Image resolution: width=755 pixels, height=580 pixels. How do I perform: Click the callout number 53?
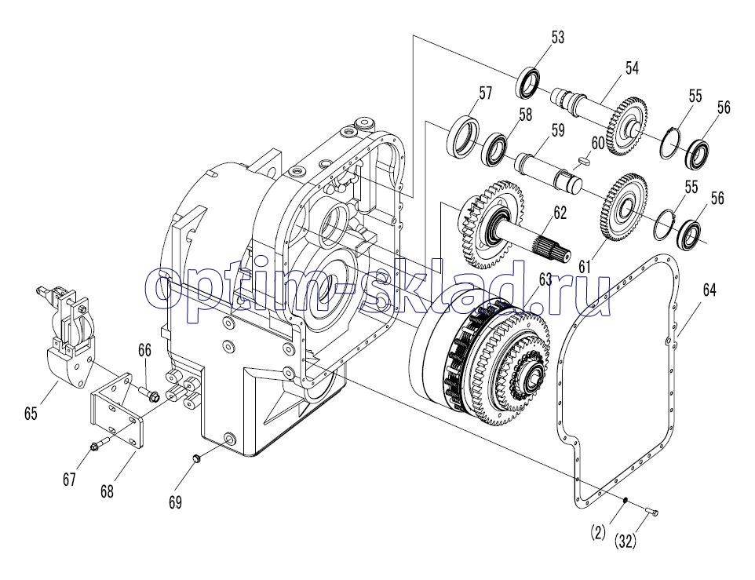click(557, 37)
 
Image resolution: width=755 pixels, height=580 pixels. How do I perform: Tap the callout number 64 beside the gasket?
click(709, 290)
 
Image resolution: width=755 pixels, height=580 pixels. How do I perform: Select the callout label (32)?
click(625, 542)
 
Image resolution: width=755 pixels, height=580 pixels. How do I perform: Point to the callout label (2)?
click(597, 533)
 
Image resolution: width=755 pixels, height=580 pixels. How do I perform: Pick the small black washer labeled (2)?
click(625, 500)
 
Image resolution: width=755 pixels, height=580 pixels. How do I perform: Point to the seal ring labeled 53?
click(529, 82)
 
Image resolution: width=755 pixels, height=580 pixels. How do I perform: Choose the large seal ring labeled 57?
click(463, 137)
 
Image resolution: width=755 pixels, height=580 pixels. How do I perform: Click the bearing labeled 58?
click(494, 148)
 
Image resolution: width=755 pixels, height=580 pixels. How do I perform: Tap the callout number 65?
click(31, 414)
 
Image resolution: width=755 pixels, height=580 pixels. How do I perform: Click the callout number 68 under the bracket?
click(107, 491)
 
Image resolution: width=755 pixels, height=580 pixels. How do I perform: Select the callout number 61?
click(585, 266)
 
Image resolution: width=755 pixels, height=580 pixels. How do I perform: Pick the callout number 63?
click(545, 279)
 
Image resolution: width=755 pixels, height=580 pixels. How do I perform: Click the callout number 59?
click(557, 130)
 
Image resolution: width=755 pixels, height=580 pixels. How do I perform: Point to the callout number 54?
click(632, 68)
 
